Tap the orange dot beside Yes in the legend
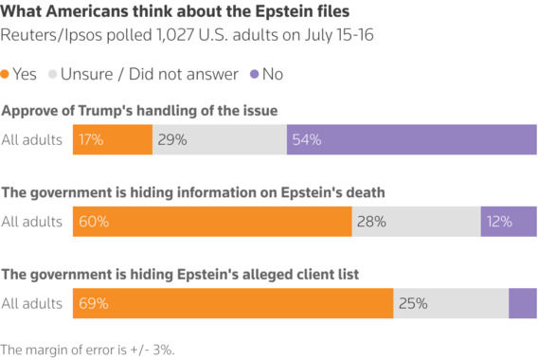[x=7, y=74]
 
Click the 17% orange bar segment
[x=112, y=139]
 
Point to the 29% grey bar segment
[x=220, y=139]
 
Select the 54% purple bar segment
[x=411, y=139]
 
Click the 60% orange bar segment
[x=211, y=222]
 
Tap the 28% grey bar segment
[x=416, y=222]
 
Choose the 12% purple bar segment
[x=509, y=222]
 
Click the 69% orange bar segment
[x=232, y=304]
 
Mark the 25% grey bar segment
[x=451, y=304]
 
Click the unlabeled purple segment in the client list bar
[x=523, y=304]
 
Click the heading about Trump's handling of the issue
[x=140, y=111]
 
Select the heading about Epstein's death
[x=192, y=192]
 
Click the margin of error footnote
[x=88, y=349]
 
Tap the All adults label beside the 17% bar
[x=31, y=139]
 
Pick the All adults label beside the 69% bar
[x=31, y=304]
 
